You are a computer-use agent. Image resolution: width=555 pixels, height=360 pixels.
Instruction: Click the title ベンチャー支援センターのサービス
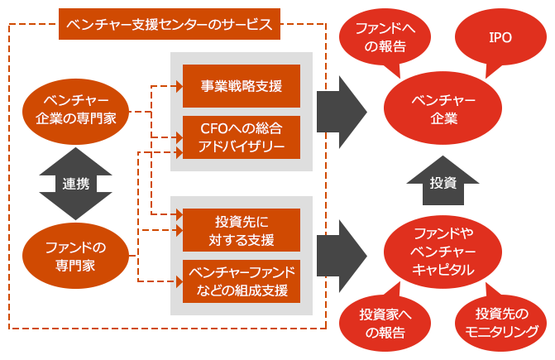pyautogui.click(x=170, y=24)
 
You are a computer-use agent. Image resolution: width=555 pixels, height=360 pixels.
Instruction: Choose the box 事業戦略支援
pyautogui.click(x=242, y=85)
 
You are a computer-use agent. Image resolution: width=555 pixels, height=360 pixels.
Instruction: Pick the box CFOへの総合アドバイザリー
pyautogui.click(x=242, y=137)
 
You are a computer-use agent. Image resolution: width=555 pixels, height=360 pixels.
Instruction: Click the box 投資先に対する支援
pyautogui.click(x=242, y=231)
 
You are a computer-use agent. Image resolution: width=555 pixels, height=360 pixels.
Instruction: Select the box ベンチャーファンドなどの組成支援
pyautogui.click(x=242, y=281)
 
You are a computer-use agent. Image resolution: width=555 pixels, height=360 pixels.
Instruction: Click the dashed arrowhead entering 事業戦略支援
pyautogui.click(x=177, y=85)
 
